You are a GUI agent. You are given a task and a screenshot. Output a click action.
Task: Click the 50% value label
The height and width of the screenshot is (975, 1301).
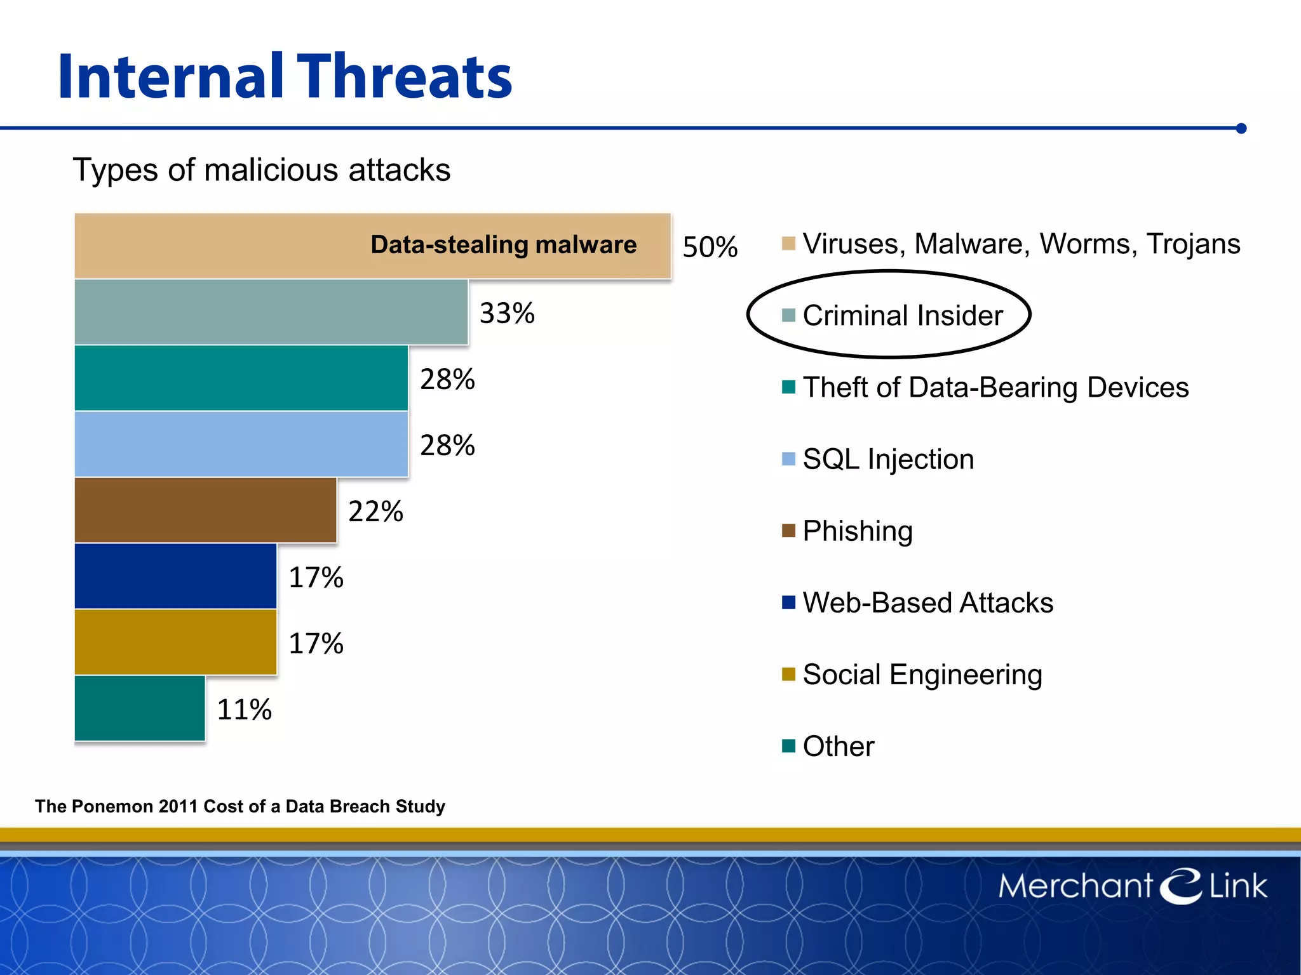710,247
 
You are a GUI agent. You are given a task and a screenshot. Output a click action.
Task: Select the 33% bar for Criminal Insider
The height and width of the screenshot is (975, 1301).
271,312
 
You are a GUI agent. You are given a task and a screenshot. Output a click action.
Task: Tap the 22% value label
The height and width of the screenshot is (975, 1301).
375,512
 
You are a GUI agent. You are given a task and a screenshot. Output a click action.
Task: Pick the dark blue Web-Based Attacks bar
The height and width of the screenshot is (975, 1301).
175,576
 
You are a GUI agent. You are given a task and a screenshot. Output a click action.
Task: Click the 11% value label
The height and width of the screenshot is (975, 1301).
244,710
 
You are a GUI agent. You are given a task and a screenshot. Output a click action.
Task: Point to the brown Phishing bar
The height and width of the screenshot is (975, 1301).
205,510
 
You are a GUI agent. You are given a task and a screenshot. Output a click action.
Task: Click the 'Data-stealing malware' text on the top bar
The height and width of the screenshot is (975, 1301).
503,245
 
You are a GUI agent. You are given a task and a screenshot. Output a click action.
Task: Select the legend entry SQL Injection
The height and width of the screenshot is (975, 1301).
887,459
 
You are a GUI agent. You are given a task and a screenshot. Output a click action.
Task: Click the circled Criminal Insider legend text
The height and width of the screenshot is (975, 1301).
902,315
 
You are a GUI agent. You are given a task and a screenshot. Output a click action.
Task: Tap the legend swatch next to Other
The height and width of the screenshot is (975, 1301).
788,746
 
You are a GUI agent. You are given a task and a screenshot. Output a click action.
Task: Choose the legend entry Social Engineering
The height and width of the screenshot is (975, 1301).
922,674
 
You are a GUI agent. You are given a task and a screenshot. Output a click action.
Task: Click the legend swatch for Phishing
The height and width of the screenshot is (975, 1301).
788,531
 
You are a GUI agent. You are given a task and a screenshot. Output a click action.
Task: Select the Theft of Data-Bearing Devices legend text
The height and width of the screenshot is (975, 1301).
995,387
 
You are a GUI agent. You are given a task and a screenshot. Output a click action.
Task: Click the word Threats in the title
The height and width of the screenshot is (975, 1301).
405,77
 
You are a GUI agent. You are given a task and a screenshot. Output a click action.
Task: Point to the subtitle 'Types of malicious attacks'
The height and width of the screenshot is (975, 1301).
261,170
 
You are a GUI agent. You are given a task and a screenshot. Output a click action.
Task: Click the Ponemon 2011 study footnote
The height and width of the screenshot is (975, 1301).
240,806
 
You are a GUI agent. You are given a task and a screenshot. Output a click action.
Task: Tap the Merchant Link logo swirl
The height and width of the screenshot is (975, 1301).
1180,885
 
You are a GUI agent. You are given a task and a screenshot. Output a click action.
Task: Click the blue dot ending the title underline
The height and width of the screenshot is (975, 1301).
1241,128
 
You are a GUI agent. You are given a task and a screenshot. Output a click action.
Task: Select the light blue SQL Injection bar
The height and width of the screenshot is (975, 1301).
241,444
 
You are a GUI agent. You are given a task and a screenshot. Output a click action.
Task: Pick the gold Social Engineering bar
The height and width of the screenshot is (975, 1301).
175,642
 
